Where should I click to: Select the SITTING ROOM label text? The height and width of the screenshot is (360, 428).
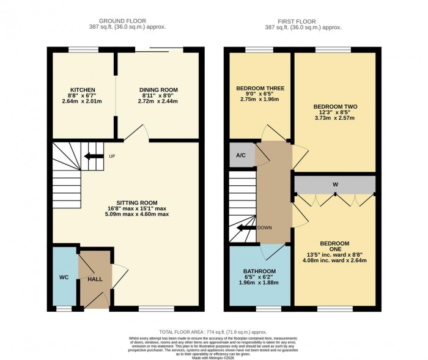(138, 202)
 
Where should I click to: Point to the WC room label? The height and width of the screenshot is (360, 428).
(64, 277)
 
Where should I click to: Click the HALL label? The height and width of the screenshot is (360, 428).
(95, 279)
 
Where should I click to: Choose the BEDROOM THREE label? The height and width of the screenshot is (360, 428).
(260, 88)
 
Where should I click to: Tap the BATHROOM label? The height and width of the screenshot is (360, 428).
(260, 271)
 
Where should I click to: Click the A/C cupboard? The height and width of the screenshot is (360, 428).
(241, 155)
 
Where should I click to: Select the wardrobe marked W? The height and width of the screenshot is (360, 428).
(335, 183)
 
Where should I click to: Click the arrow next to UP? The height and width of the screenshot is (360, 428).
(94, 156)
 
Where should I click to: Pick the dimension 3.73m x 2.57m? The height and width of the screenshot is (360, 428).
(333, 120)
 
